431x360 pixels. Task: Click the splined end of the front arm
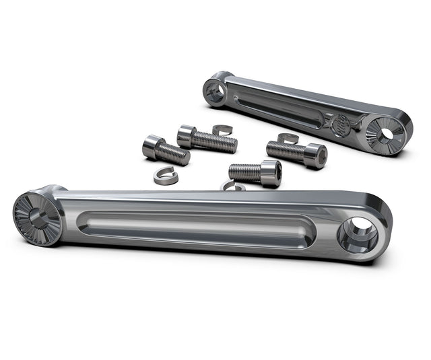point(37,219)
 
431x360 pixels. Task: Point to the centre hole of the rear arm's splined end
point(387,134)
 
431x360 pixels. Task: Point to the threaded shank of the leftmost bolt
point(174,154)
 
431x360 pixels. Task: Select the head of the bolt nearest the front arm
point(270,174)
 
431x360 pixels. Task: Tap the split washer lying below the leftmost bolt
point(164,176)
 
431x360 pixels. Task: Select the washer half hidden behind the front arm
point(233,186)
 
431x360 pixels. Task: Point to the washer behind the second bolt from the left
point(222,129)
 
